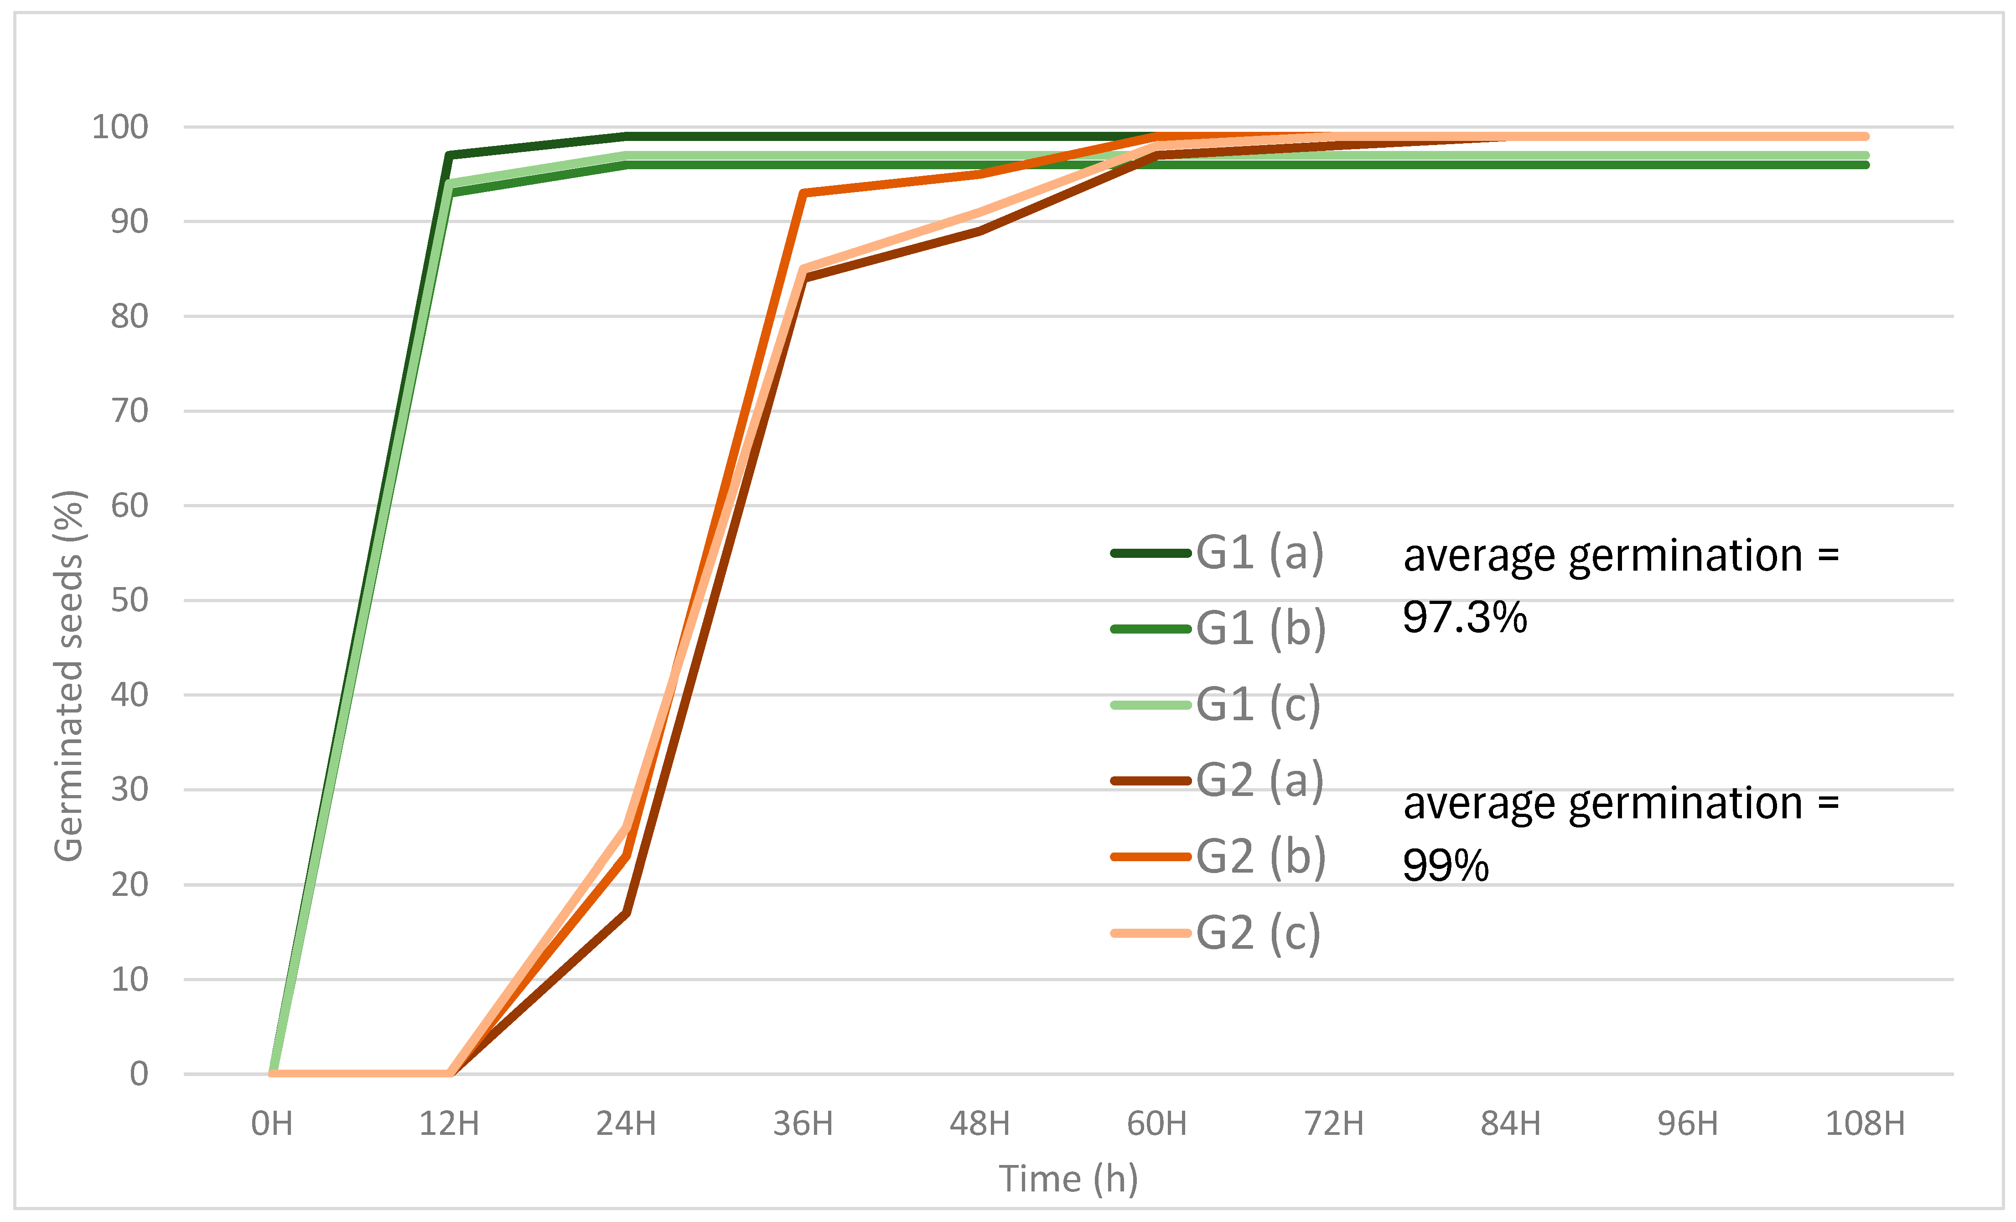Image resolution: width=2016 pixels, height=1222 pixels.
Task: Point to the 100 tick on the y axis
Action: point(120,128)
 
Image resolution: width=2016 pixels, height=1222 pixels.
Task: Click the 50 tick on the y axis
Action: point(129,601)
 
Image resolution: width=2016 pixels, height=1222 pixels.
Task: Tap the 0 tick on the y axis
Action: point(139,1074)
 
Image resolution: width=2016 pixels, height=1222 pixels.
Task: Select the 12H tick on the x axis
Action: point(449,1124)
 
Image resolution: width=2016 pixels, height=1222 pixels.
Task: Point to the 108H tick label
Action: point(1865,1124)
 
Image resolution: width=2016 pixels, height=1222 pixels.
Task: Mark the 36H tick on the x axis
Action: point(803,1124)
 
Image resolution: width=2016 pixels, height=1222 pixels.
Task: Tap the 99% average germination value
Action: point(1446,866)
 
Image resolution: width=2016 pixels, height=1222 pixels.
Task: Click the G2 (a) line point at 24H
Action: point(626,913)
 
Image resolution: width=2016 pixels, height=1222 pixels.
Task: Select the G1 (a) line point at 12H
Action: point(449,156)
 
